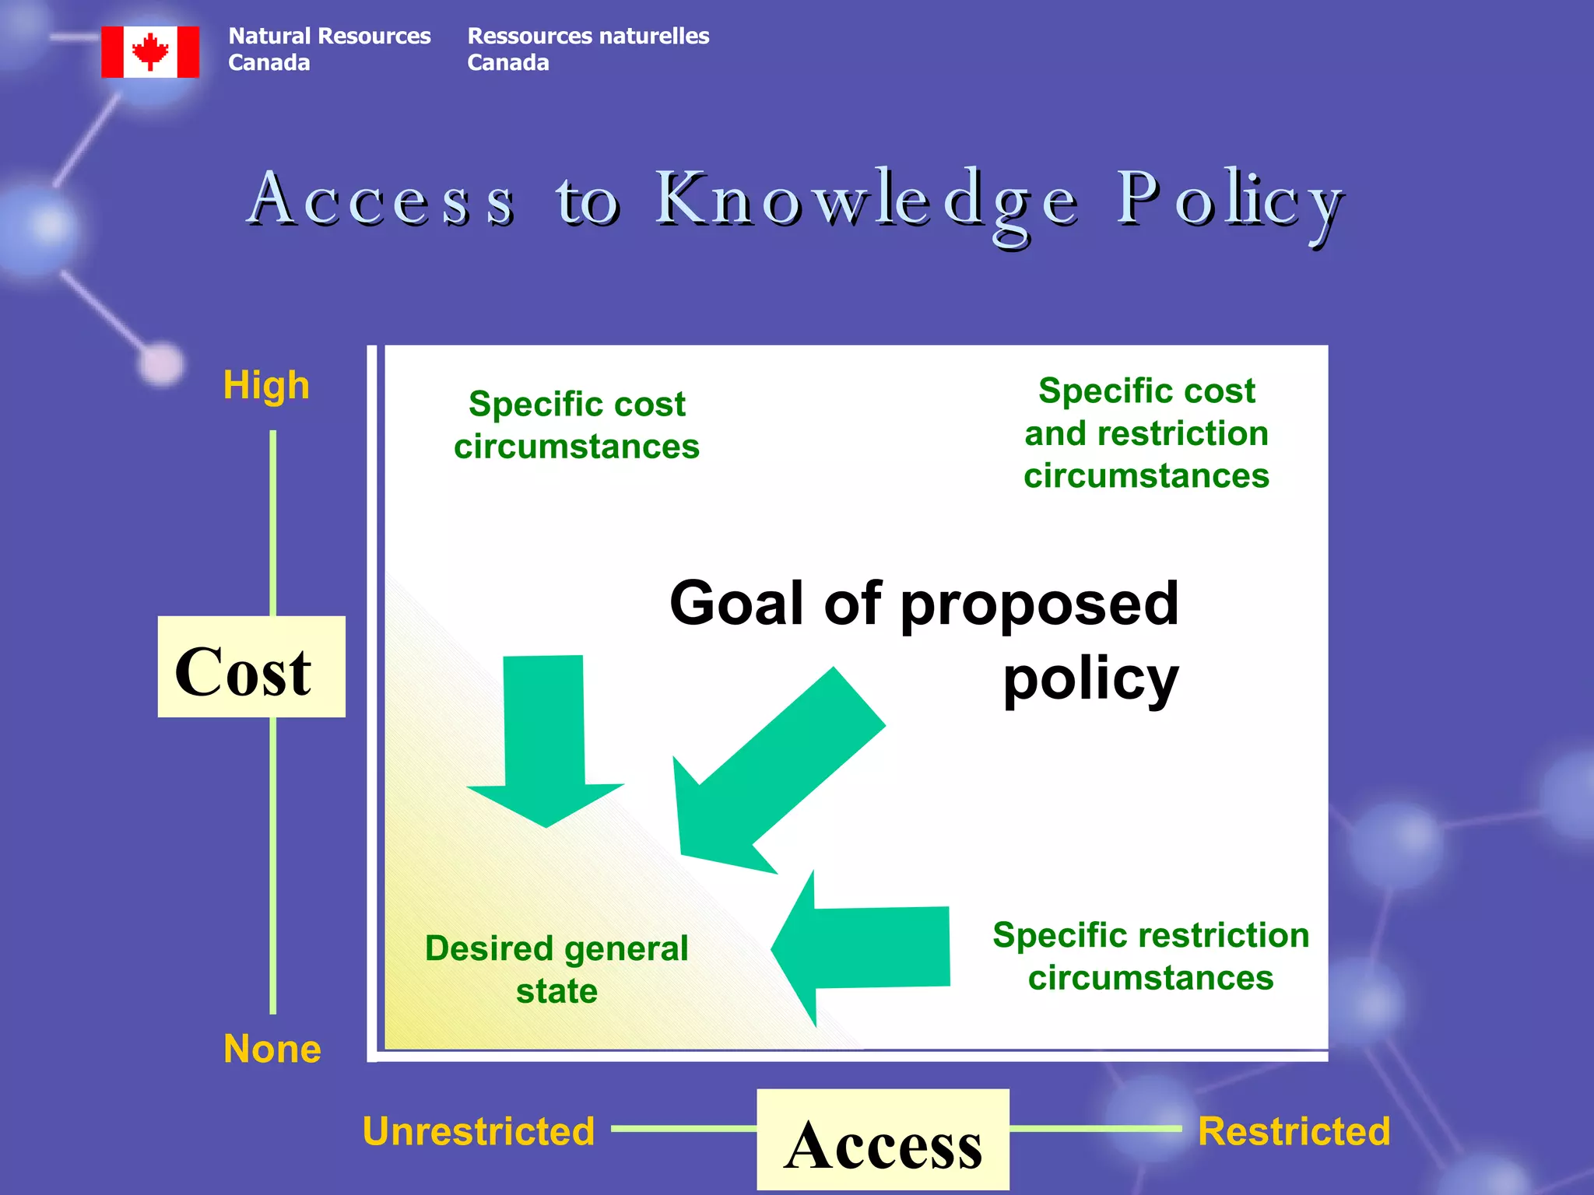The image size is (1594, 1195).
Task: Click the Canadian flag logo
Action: pos(150,52)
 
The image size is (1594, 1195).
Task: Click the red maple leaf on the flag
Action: pos(150,51)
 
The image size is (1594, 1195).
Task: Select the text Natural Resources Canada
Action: pos(328,49)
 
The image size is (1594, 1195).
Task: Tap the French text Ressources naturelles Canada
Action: pos(588,49)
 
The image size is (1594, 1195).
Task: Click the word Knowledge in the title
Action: pos(866,202)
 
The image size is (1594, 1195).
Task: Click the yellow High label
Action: pos(266,385)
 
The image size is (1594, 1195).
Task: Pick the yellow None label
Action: pos(272,1049)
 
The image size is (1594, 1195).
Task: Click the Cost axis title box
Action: pos(251,668)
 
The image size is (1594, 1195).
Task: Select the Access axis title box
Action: pos(883,1141)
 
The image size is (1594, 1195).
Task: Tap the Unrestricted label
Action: pos(479,1131)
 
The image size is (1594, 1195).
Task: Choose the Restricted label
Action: pos(1294,1131)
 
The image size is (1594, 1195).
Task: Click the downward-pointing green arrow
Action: pos(545,739)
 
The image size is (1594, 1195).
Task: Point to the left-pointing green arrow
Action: pos(864,948)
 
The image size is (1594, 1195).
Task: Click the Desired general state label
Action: pos(556,969)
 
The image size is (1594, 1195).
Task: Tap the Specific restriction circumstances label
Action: pos(1150,956)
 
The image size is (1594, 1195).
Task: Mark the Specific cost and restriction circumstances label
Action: pos(1146,433)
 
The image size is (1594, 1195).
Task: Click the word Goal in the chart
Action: pos(736,605)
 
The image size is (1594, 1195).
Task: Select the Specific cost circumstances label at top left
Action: pos(577,426)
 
